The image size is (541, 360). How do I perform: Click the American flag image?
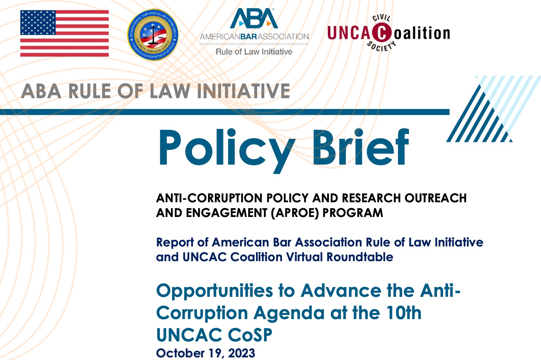65,33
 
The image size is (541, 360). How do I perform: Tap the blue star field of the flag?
38,23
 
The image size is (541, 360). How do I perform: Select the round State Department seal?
153,35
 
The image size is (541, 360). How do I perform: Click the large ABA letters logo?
254,18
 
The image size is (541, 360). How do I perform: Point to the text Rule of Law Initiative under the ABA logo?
254,52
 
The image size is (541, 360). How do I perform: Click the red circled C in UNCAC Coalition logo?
382,33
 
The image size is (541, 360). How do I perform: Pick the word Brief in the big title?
361,147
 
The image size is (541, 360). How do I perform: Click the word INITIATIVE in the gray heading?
243,91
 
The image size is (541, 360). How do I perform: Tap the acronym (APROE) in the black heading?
295,213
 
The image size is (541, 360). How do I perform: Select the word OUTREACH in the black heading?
436,198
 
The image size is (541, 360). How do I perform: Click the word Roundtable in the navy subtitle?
360,257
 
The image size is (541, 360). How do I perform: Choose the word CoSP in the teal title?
250,335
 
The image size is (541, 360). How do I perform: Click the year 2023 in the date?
242,353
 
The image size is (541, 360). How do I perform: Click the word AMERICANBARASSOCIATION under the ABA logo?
254,37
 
